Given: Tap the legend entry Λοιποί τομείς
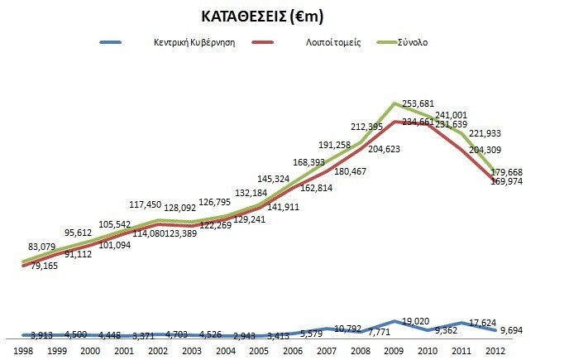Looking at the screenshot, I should pos(328,42).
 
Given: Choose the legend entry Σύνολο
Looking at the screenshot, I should pos(411,42).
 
